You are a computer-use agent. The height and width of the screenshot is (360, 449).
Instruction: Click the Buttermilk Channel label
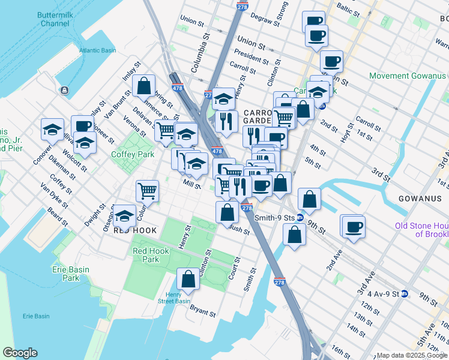tap(55, 18)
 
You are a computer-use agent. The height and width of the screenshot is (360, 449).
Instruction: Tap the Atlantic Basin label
tap(97, 50)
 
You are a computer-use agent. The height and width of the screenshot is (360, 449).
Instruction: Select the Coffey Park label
tap(133, 154)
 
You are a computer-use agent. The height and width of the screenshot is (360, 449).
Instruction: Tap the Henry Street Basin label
tap(173, 298)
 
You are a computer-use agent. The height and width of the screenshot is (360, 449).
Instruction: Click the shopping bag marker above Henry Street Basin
tap(188, 279)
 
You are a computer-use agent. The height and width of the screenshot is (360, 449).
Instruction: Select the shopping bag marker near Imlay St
tap(144, 85)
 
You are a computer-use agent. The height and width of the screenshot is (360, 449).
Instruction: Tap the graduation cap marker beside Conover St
tap(52, 129)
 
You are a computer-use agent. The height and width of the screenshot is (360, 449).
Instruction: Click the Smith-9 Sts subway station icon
tap(299, 218)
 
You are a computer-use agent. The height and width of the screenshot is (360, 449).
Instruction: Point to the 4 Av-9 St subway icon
tap(405, 294)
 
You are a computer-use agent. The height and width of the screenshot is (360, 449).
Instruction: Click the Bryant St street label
tap(202, 313)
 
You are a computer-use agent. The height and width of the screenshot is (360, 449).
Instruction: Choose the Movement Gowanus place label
tap(408, 76)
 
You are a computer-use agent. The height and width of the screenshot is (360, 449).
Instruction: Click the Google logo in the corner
tap(20, 353)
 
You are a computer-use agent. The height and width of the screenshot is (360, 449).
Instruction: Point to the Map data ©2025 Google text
tap(412, 355)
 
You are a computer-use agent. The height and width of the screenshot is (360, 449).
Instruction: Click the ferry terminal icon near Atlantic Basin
tap(64, 90)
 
